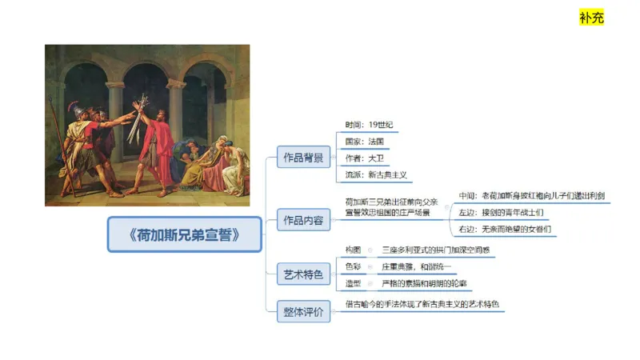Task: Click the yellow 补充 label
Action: pyautogui.click(x=591, y=17)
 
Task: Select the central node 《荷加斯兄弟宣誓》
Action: pyautogui.click(x=185, y=234)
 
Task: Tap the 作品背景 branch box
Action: pyautogui.click(x=303, y=158)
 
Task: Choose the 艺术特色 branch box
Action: pyautogui.click(x=303, y=274)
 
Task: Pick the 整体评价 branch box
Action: pyautogui.click(x=303, y=312)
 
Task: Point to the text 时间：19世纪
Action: pyautogui.click(x=368, y=125)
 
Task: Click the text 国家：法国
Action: pyautogui.click(x=364, y=142)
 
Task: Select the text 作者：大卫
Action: pyautogui.click(x=364, y=158)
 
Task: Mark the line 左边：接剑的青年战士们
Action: pyautogui.click(x=501, y=213)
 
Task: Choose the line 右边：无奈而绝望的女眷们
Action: pyautogui.click(x=505, y=230)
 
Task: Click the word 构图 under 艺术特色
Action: pyautogui.click(x=353, y=250)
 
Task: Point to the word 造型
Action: pyautogui.click(x=353, y=283)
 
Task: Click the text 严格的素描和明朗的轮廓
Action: pyautogui.click(x=425, y=283)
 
